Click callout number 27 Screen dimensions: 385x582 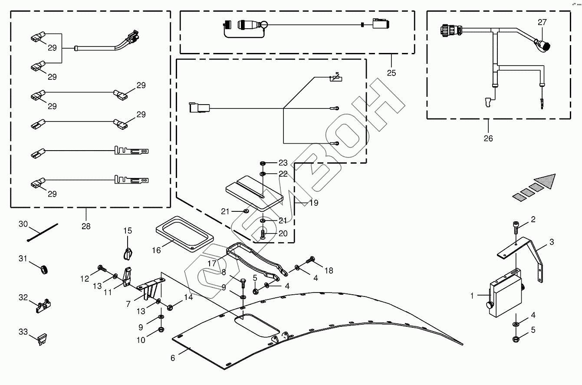point(543,22)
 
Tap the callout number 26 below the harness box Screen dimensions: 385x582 point(488,138)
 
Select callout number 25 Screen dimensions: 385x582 point(391,73)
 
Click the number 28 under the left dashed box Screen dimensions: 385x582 point(86,226)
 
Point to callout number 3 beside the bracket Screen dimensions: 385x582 point(551,242)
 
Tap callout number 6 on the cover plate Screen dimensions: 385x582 point(173,358)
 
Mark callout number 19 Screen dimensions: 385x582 point(313,203)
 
